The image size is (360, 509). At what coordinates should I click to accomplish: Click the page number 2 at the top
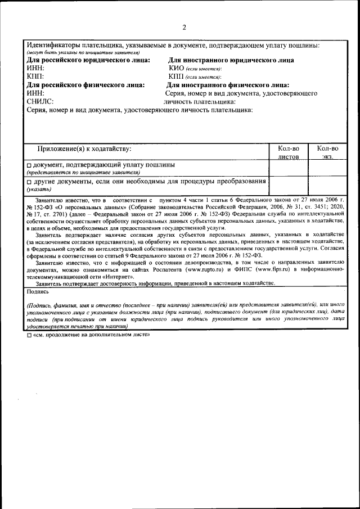tap(184, 28)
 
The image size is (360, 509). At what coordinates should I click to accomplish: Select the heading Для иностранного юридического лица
tap(231, 60)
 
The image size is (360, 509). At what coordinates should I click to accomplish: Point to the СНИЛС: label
tap(40, 102)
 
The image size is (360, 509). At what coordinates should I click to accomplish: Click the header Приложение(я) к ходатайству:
tap(84, 148)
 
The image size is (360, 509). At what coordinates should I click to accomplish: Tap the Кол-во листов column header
tap(289, 152)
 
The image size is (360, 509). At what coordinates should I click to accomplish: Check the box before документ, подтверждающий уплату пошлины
tap(30, 165)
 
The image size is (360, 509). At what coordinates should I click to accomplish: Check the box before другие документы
tap(30, 182)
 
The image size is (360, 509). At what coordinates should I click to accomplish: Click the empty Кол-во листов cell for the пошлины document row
tap(289, 168)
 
